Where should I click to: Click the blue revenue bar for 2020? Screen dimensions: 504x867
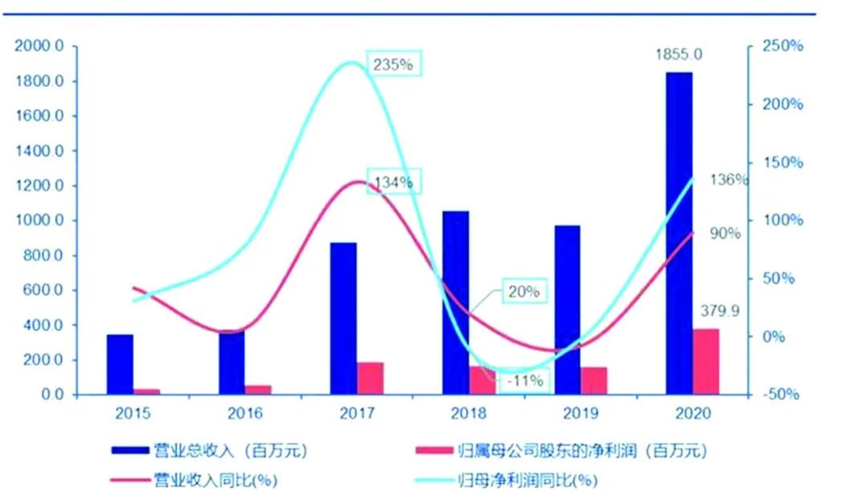[x=679, y=233]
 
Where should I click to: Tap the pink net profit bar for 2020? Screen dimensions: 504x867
[x=706, y=361]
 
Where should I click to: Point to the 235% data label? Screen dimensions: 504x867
[x=393, y=65]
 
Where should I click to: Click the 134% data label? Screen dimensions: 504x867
[x=393, y=182]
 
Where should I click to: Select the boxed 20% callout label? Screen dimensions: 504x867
[x=524, y=292]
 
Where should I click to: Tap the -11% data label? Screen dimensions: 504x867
[x=525, y=380]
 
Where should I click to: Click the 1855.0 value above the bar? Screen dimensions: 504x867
[x=680, y=55]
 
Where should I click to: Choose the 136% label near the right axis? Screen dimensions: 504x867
[x=729, y=180]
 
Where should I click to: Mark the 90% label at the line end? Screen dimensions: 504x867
[x=725, y=234]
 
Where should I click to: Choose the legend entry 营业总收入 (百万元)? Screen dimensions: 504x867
[x=209, y=451]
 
